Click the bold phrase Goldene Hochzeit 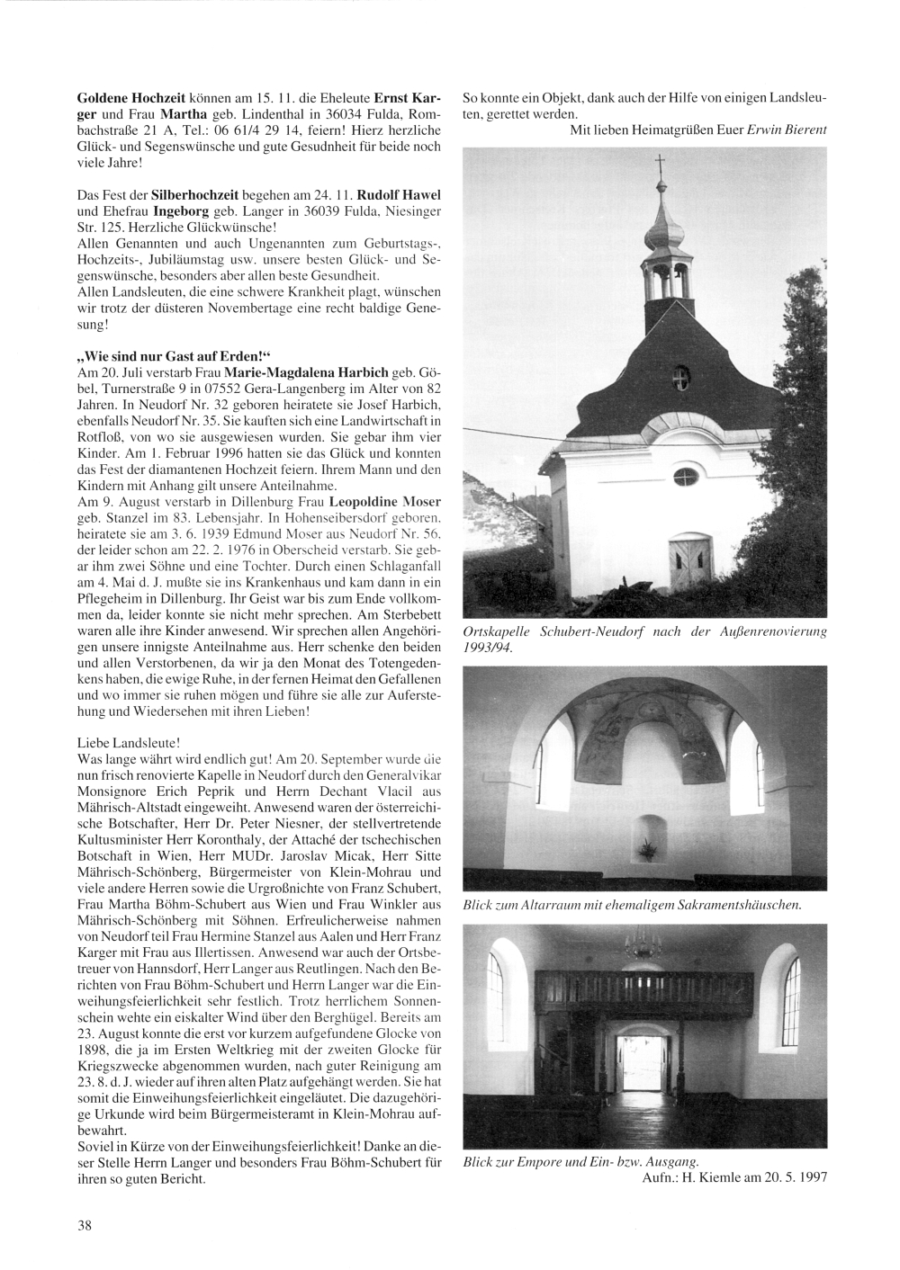(126, 96)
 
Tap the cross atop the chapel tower (659, 164)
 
